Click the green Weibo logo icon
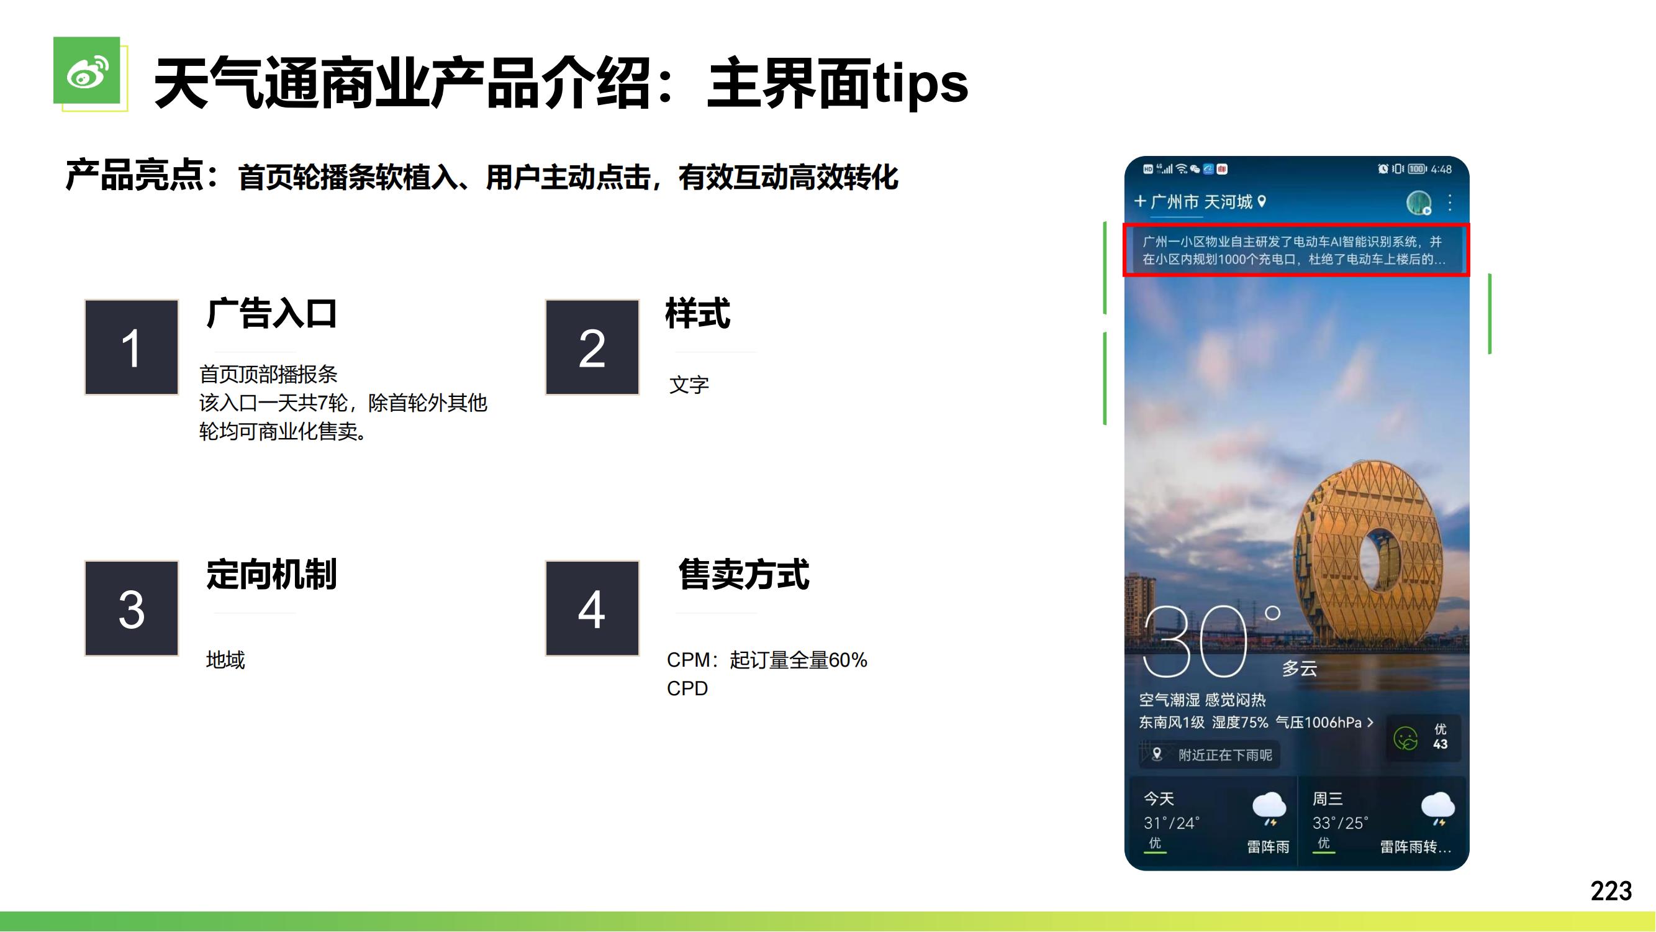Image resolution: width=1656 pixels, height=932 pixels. tap(87, 70)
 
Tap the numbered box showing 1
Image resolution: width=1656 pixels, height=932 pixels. tap(131, 347)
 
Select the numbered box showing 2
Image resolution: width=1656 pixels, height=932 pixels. tap(592, 347)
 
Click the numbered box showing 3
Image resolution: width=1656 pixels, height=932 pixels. tap(131, 608)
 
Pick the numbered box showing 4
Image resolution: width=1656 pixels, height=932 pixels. tap(592, 608)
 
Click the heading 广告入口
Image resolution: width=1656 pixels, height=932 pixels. tap(271, 313)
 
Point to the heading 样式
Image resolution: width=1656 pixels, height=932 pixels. tap(697, 313)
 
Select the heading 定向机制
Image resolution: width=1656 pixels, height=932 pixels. tap(271, 573)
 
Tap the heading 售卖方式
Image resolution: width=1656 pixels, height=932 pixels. tap(744, 573)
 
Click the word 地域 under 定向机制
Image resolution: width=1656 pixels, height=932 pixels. tap(225, 660)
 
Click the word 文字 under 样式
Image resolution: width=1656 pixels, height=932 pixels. tap(689, 385)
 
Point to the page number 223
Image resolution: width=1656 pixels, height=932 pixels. tap(1611, 891)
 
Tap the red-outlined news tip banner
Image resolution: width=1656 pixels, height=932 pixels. tap(1296, 250)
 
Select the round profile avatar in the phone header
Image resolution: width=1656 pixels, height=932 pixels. tap(1418, 203)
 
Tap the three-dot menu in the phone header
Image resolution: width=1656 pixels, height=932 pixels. tap(1450, 203)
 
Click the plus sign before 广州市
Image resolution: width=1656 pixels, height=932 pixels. tap(1141, 201)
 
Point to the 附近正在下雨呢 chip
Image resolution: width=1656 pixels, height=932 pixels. tap(1210, 754)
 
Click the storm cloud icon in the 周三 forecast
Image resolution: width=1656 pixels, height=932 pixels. tap(1438, 808)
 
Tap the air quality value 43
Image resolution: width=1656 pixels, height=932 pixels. tap(1440, 744)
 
